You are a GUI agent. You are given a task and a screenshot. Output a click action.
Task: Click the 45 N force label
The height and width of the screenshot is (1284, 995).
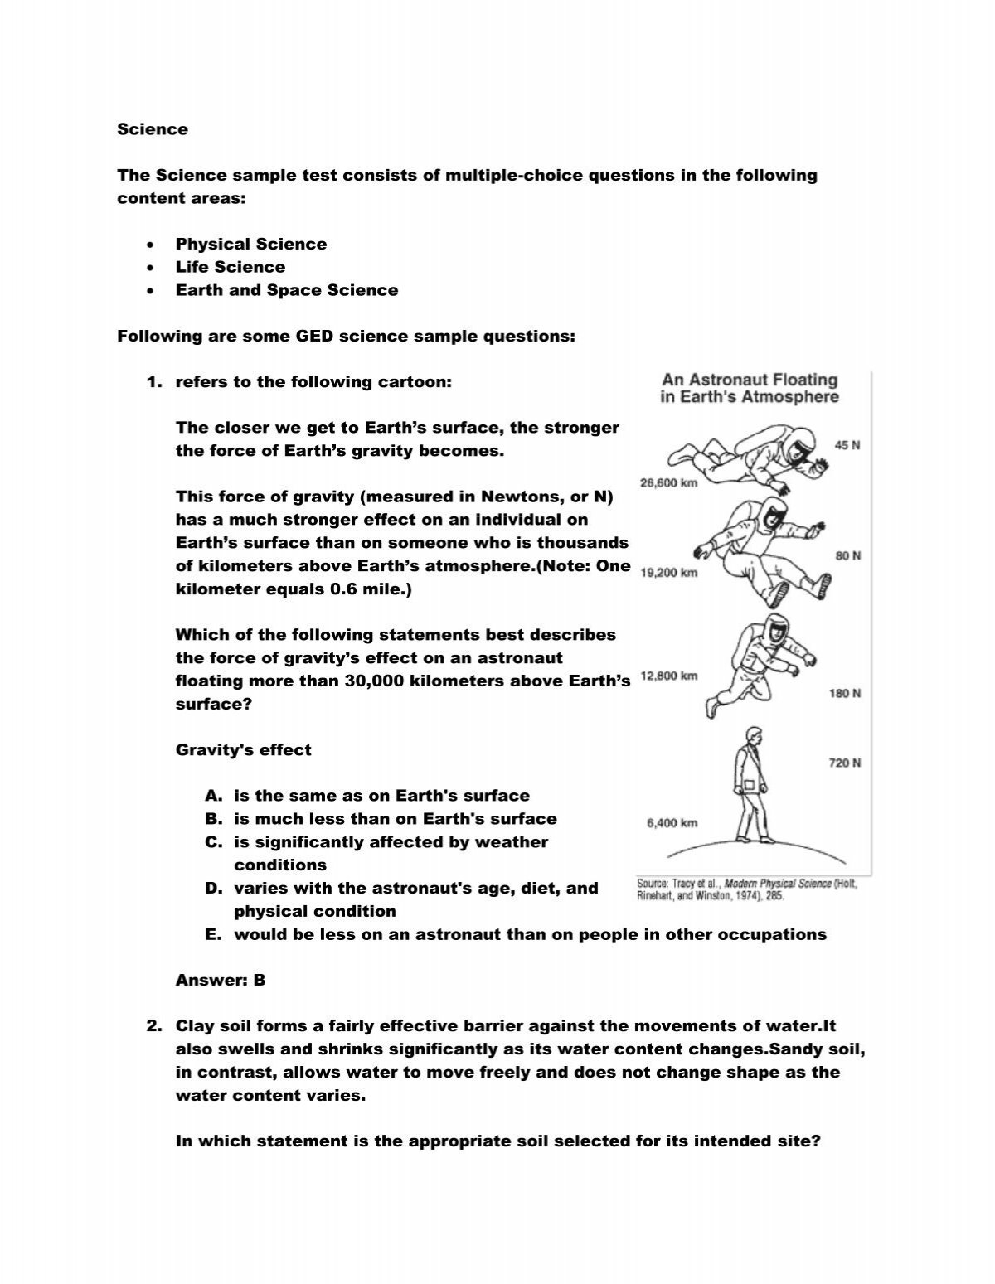click(x=847, y=445)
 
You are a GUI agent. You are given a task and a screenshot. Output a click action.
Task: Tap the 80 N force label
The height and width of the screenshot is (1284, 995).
click(x=847, y=556)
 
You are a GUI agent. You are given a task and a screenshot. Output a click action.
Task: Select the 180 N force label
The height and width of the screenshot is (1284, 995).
click(x=844, y=693)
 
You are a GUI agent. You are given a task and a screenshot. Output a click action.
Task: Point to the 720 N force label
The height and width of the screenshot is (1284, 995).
click(x=844, y=763)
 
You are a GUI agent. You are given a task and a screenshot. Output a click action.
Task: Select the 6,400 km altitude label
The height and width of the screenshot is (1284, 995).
click(x=672, y=823)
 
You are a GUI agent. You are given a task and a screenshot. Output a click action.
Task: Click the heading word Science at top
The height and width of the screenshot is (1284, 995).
click(x=153, y=129)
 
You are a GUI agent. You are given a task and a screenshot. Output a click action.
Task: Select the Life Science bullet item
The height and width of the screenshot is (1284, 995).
click(x=230, y=267)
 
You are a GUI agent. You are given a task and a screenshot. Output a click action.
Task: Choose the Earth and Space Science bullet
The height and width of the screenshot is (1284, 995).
click(x=286, y=290)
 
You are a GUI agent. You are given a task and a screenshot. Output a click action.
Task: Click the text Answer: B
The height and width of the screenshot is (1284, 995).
click(x=221, y=981)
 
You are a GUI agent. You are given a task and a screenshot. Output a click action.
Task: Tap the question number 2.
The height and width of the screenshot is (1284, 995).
click(x=153, y=1027)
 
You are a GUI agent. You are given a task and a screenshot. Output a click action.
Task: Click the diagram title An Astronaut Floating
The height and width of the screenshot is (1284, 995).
click(x=749, y=380)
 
